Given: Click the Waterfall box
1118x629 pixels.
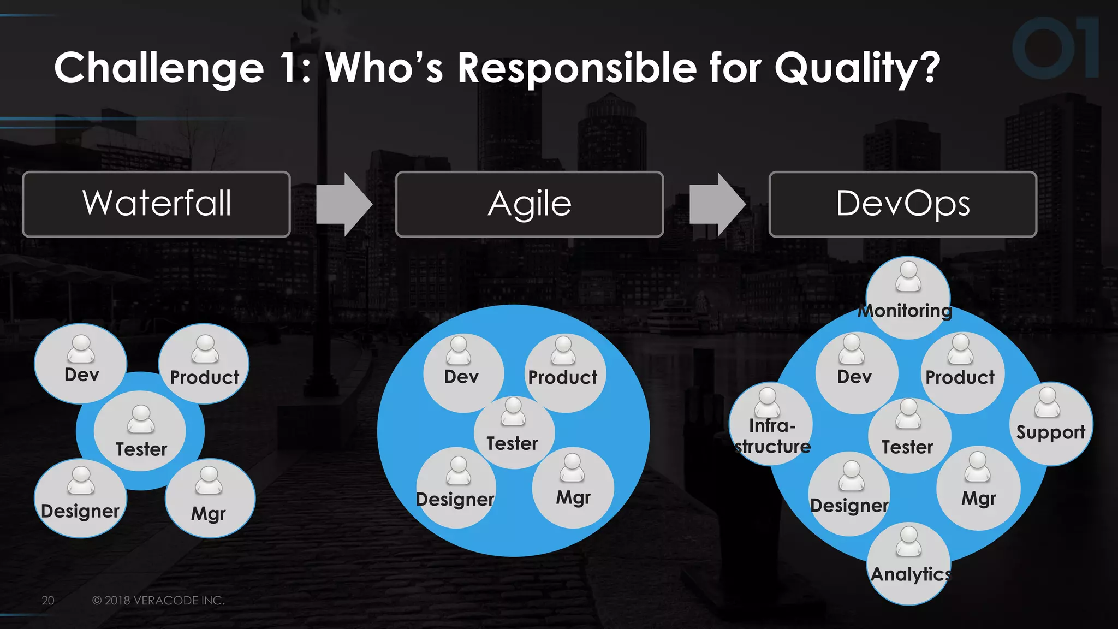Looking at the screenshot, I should pos(156,204).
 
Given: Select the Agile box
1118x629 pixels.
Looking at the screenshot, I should pos(529,204).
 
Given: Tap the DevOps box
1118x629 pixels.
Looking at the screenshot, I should pos(902,204).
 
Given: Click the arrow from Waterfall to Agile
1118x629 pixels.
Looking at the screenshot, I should pos(344,205).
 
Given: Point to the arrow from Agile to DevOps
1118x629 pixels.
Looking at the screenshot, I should pos(717,205).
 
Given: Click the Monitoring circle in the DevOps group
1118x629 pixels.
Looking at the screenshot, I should pos(908,298).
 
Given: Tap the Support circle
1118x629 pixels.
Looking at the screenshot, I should pos(1050,424).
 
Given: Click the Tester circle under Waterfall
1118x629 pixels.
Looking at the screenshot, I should pos(140,431).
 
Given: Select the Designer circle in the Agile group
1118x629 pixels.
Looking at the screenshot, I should pos(456,488).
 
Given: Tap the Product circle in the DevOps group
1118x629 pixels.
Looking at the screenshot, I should pos(961,372).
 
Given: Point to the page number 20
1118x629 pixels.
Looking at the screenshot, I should pos(48,600).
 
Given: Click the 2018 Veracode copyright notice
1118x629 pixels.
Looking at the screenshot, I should pos(158,600).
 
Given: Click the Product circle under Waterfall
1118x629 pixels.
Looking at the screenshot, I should pos(204,364).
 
